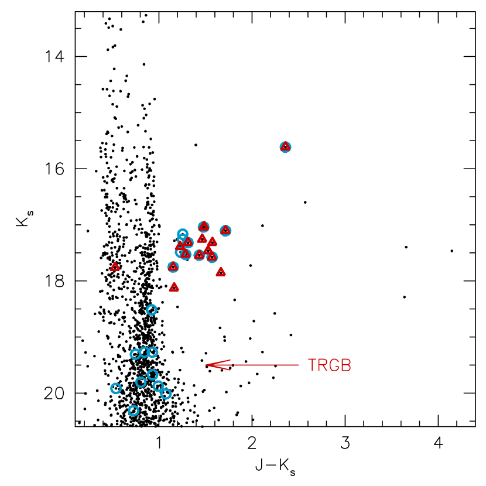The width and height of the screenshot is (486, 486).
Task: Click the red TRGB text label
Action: point(329,365)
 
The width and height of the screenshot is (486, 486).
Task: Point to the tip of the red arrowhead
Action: point(206,365)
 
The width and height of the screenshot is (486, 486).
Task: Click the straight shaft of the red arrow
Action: point(263,365)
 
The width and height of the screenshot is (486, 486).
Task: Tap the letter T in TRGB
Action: point(312,365)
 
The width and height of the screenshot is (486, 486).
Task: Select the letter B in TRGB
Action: point(346,365)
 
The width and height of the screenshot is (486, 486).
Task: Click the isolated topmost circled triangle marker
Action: point(285,146)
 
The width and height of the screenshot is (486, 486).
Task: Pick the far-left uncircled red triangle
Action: point(115,267)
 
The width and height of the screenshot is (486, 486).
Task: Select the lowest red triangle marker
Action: point(174,287)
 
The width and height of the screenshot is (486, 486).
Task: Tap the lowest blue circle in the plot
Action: point(134,410)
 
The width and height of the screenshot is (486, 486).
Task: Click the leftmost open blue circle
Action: point(116,388)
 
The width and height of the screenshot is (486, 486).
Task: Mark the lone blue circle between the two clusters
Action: point(152,310)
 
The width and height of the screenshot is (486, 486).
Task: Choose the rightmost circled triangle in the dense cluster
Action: point(225,230)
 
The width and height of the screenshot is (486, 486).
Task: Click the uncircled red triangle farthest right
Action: point(221,272)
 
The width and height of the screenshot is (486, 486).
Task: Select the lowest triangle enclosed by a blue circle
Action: point(173,267)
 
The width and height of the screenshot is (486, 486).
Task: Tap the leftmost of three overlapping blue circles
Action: point(135,354)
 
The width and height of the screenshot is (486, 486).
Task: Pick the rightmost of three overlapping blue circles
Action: point(153,352)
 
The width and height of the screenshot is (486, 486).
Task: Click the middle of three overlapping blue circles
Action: point(145,352)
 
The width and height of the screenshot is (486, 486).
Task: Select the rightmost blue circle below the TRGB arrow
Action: point(166,393)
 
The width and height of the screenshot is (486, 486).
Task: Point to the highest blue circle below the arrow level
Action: point(152,375)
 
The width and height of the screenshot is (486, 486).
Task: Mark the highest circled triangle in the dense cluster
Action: point(204,226)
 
